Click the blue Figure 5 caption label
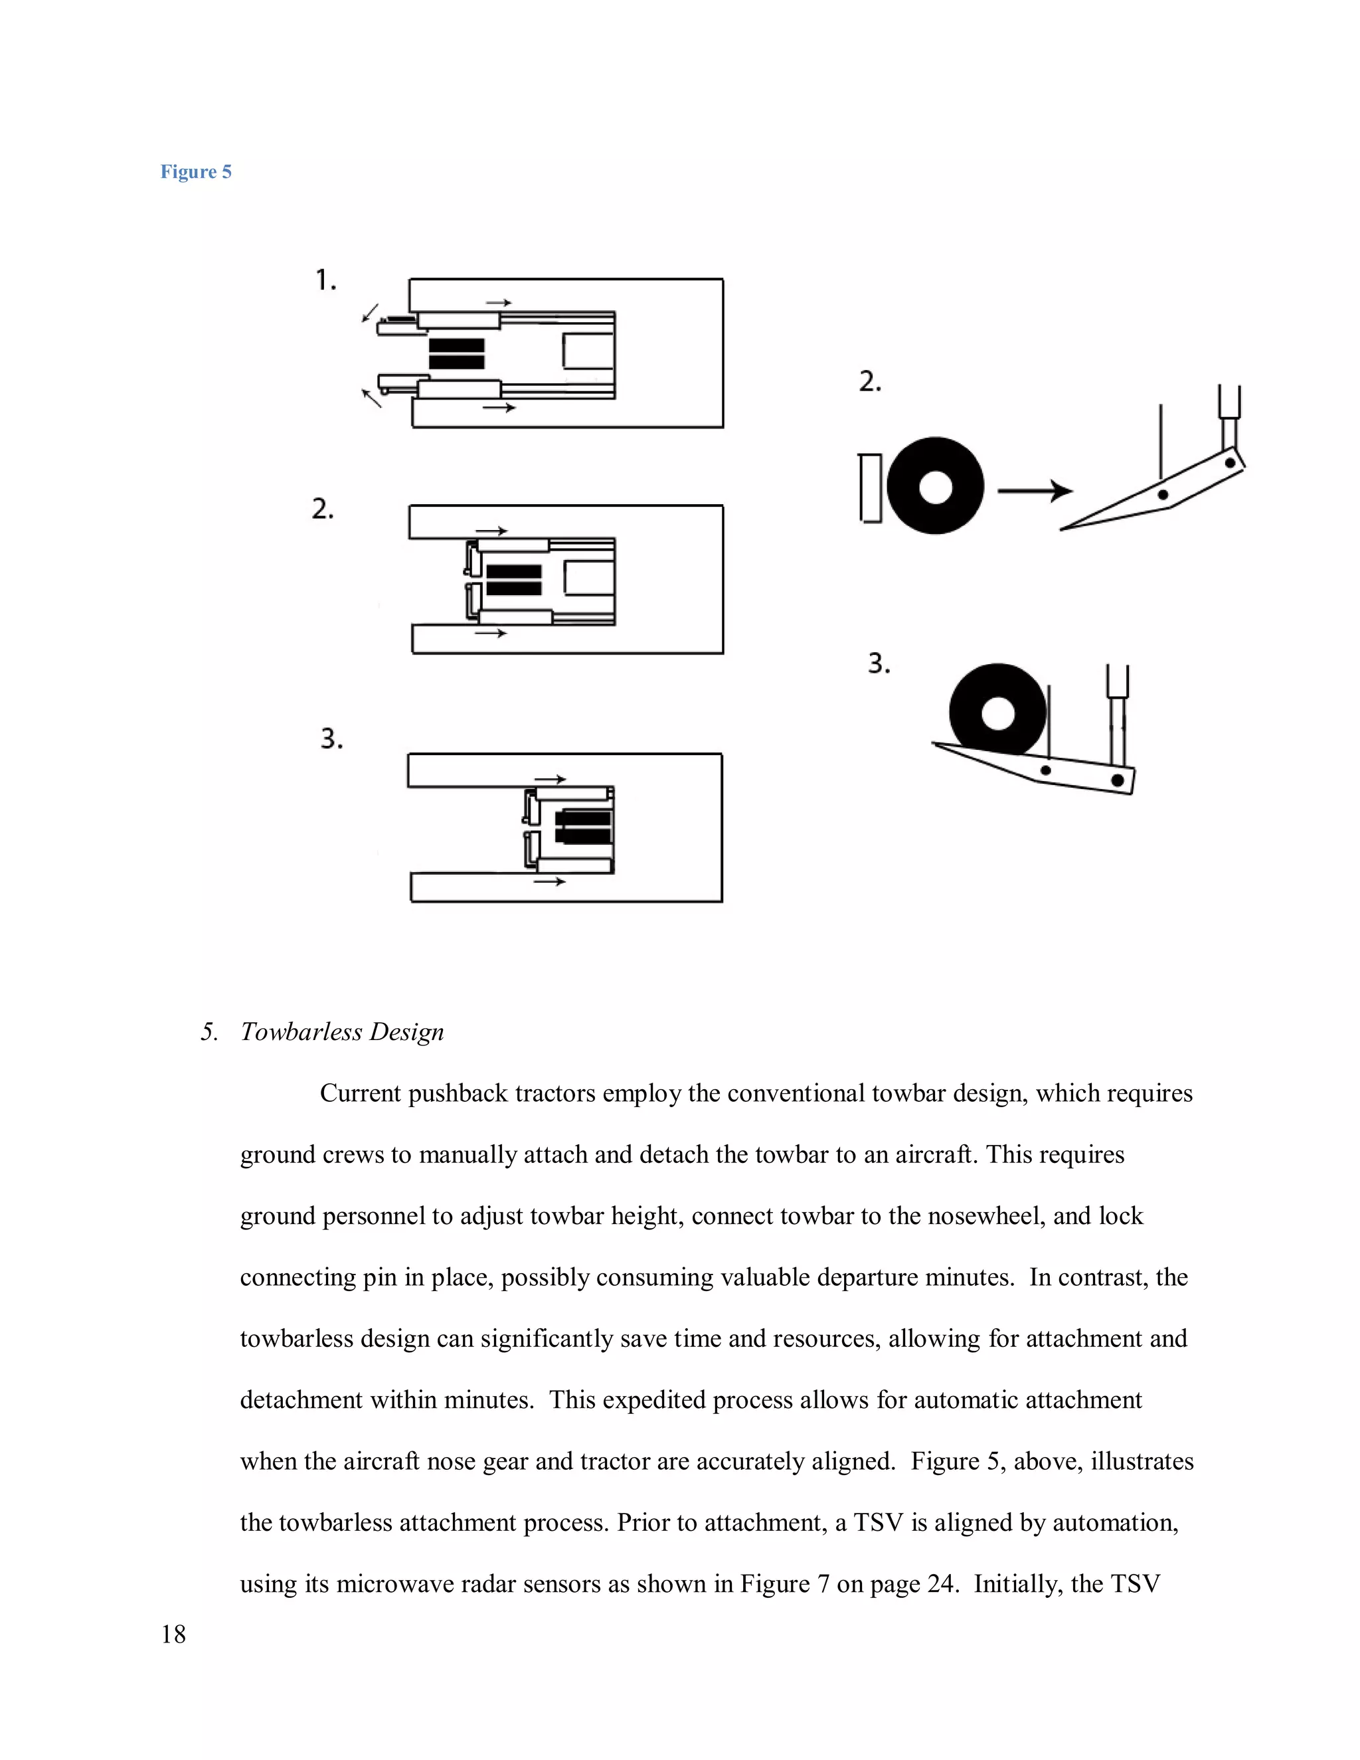click(196, 171)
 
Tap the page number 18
click(173, 1634)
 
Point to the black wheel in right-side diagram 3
click(997, 710)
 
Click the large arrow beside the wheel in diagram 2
click(1035, 490)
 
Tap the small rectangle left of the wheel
click(870, 488)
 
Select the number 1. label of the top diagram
click(325, 280)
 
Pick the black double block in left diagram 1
click(456, 354)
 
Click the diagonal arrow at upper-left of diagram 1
click(371, 313)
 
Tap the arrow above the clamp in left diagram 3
click(551, 779)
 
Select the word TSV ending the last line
click(1134, 1583)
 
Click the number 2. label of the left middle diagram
click(322, 509)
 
